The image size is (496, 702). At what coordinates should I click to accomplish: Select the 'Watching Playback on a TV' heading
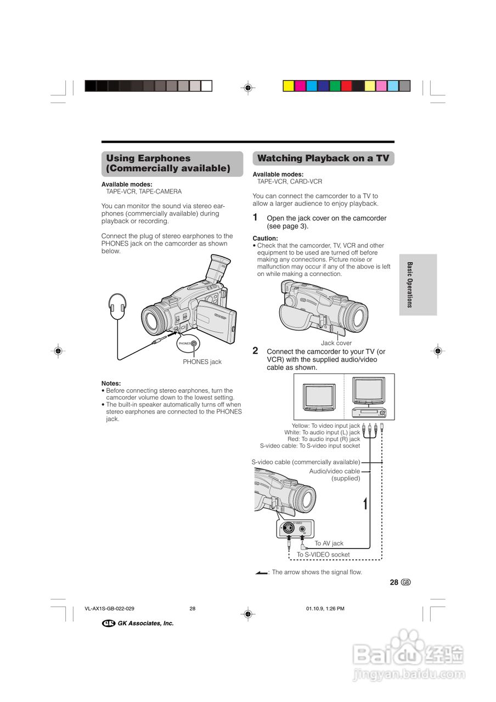point(323,158)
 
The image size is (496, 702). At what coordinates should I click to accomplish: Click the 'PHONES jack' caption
point(202,362)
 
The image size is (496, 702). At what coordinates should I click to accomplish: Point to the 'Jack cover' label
point(336,343)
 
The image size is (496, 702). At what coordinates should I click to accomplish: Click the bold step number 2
point(255,350)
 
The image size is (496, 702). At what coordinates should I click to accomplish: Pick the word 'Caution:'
point(265,239)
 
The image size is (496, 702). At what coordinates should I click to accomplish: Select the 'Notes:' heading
point(111,383)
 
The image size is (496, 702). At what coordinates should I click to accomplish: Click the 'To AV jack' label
point(329,544)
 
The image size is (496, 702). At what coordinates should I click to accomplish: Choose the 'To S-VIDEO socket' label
point(323,554)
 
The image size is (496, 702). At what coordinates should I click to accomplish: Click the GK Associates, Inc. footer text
point(145,623)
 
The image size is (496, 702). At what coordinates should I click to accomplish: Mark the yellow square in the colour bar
point(288,86)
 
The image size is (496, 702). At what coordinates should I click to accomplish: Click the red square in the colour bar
point(346,86)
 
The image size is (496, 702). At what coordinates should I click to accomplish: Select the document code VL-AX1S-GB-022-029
point(110,609)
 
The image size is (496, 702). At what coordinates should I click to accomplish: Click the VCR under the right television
point(369,412)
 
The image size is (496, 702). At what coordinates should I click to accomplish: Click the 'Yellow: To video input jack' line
point(326,426)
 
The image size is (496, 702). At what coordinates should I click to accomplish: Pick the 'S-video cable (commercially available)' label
point(306,462)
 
